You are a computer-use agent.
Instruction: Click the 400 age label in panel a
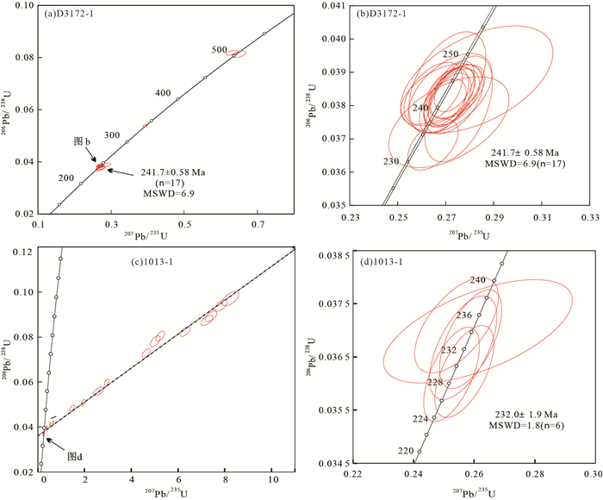click(163, 93)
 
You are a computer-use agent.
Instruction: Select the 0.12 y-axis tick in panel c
click(24, 250)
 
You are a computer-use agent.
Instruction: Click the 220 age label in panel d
click(405, 450)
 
